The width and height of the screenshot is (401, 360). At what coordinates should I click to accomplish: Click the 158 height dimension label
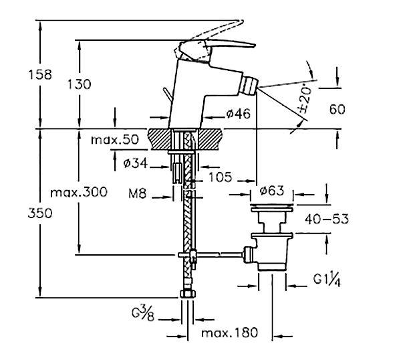pyautogui.click(x=40, y=74)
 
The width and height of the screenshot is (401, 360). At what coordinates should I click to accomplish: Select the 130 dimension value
pyautogui.click(x=79, y=84)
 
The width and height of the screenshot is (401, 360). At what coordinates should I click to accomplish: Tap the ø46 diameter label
pyautogui.click(x=239, y=114)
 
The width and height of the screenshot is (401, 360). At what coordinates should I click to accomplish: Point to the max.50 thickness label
pyautogui.click(x=115, y=140)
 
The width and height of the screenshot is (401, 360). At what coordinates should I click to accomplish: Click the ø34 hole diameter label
pyautogui.click(x=136, y=163)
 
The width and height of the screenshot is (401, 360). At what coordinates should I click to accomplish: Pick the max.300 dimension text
pyautogui.click(x=79, y=192)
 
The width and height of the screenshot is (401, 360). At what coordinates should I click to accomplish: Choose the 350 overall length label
pyautogui.click(x=40, y=213)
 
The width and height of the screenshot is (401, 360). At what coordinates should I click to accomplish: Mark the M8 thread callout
pyautogui.click(x=137, y=193)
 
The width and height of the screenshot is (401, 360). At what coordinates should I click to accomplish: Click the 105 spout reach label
pyautogui.click(x=221, y=177)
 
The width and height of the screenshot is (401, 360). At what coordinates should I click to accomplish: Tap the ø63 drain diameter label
pyautogui.click(x=272, y=191)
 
